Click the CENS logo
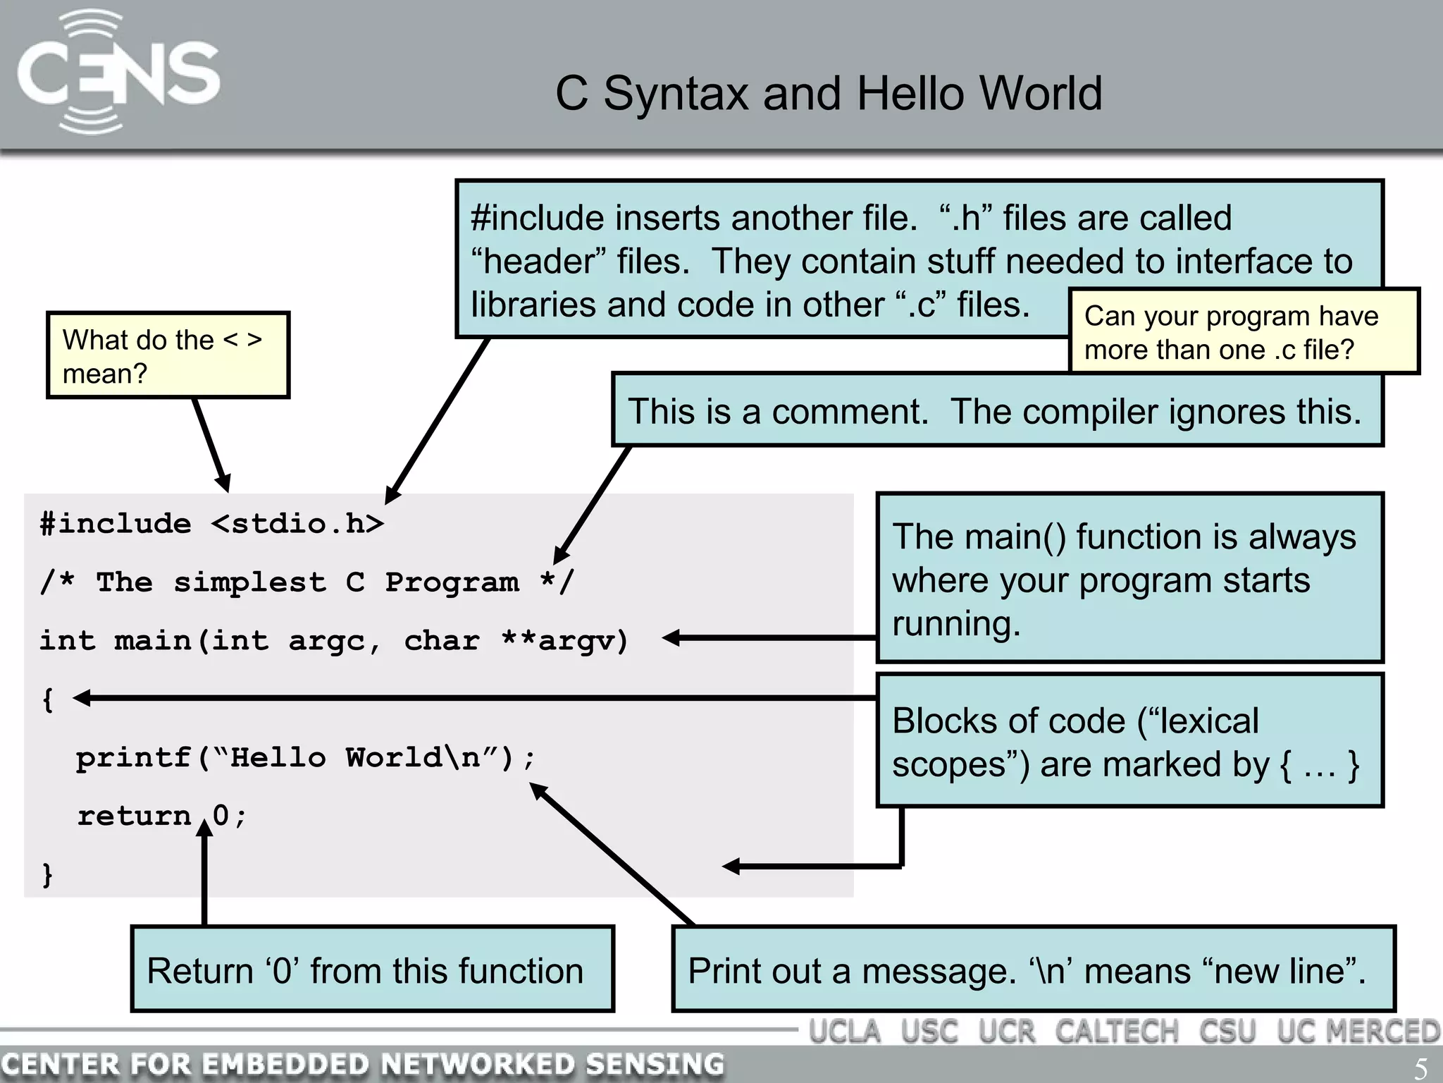tap(118, 73)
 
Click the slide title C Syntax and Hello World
tap(829, 93)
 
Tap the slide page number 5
tap(1420, 1067)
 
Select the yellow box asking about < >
tap(168, 355)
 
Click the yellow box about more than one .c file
tap(1243, 331)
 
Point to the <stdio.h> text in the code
tap(297, 524)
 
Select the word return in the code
tap(134, 816)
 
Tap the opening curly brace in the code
tap(48, 699)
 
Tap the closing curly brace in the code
tap(48, 874)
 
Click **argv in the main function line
tap(564, 641)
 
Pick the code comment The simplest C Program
tap(307, 582)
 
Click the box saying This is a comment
tap(996, 410)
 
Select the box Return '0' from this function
tap(372, 969)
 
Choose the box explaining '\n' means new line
tap(1033, 969)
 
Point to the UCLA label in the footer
tap(845, 1032)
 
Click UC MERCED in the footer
tap(1358, 1032)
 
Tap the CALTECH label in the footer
tap(1117, 1032)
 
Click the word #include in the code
tap(116, 524)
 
